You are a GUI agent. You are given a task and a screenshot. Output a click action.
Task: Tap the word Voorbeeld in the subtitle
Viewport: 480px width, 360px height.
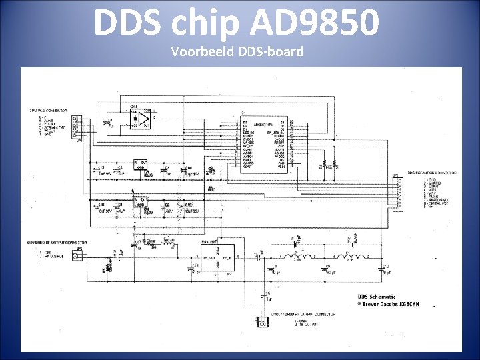pos(201,51)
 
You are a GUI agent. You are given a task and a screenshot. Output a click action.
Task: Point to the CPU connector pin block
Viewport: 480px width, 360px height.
pos(76,125)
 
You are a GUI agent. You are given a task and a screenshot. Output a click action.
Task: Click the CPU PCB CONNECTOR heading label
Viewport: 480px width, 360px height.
pos(48,110)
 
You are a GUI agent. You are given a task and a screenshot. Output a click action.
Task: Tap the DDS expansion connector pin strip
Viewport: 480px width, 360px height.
pos(399,193)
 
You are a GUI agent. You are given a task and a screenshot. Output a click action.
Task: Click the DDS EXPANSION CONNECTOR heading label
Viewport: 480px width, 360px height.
pos(418,172)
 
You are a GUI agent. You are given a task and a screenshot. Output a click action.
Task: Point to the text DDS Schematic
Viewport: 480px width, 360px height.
pos(377,297)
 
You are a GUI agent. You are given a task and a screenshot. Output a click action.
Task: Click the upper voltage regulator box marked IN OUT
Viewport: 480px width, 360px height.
pos(141,165)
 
